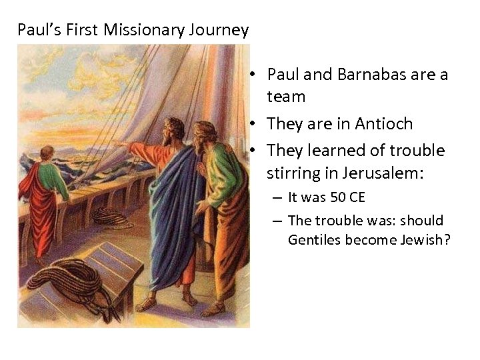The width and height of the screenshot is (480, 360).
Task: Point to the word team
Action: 286,97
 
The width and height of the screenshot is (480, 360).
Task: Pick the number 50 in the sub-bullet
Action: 338,197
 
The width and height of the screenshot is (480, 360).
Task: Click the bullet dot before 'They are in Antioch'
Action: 255,124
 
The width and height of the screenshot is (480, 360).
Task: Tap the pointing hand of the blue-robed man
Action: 119,143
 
